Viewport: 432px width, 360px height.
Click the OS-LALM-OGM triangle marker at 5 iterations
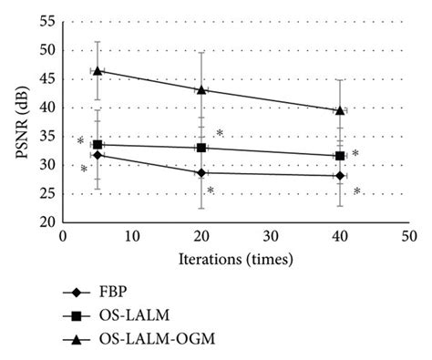[x=98, y=70]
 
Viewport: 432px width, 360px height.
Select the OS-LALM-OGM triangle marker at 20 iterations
[x=201, y=89]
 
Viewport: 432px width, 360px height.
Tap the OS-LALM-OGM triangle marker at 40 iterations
[x=340, y=110]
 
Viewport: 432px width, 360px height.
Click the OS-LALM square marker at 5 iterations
[x=98, y=144]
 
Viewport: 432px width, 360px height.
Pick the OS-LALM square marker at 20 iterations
[x=201, y=148]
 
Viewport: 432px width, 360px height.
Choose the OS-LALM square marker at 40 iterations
[x=340, y=156]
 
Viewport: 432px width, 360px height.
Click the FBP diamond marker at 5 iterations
[x=98, y=155]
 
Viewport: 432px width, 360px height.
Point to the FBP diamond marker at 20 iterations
[x=201, y=172]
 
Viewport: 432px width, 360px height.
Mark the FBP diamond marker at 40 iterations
[x=340, y=175]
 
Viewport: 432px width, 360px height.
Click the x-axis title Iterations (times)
[x=235, y=260]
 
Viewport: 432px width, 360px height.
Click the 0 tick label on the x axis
[x=63, y=235]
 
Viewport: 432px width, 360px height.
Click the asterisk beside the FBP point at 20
[x=211, y=190]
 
